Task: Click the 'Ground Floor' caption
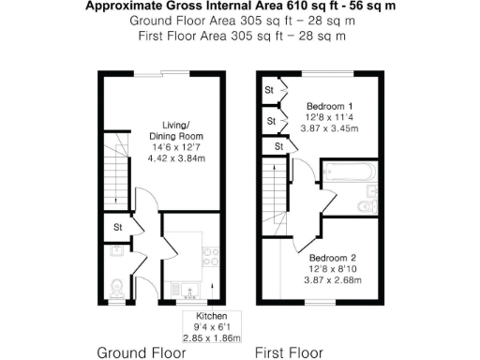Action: (142, 352)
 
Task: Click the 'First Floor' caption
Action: (290, 352)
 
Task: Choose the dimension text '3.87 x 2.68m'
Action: (335, 280)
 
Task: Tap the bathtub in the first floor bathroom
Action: (347, 175)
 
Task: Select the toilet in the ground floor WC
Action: (116, 286)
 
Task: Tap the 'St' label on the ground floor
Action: (118, 227)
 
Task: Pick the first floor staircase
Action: (274, 197)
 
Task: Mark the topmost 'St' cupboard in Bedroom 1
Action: (269, 90)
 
